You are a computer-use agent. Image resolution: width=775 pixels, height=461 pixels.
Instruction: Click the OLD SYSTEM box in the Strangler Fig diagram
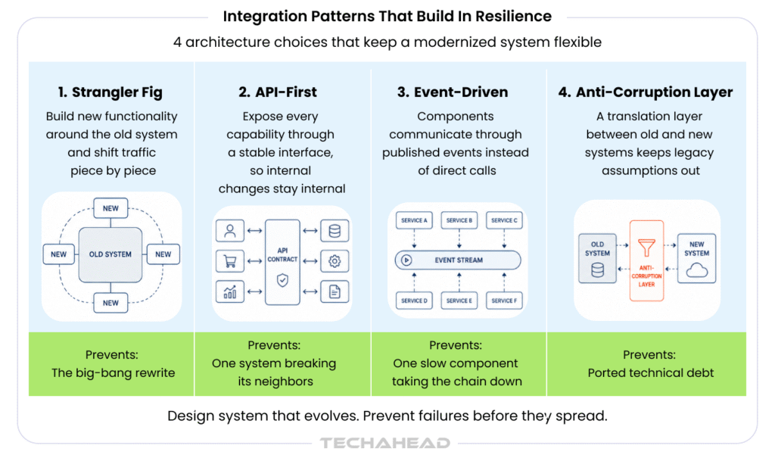click(x=110, y=254)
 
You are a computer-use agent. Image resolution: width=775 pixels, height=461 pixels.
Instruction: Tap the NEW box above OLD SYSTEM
click(x=110, y=208)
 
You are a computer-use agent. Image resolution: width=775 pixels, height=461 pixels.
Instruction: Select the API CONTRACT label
click(x=282, y=254)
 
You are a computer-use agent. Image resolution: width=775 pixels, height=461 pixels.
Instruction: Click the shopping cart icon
click(x=230, y=261)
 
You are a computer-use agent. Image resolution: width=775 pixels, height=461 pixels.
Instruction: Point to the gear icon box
click(x=335, y=261)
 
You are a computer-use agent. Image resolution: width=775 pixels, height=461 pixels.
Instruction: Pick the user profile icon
click(x=230, y=231)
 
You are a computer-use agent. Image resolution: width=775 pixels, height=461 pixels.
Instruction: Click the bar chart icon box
click(x=230, y=291)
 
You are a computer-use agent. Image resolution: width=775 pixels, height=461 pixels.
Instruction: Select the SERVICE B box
click(x=459, y=220)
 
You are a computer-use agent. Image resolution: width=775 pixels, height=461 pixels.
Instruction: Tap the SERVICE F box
click(x=504, y=301)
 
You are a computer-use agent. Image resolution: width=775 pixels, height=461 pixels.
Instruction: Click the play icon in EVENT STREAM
click(x=406, y=260)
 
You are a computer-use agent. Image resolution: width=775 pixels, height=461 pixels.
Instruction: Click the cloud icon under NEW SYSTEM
click(x=697, y=270)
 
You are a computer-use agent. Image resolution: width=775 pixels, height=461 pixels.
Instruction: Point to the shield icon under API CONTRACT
click(x=282, y=280)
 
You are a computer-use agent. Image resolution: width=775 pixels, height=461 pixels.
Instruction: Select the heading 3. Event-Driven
click(x=453, y=92)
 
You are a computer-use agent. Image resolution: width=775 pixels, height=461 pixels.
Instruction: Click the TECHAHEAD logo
click(x=385, y=444)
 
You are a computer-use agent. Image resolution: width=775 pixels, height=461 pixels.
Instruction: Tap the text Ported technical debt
click(x=650, y=373)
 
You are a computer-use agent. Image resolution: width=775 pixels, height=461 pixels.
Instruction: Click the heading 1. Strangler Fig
click(x=110, y=92)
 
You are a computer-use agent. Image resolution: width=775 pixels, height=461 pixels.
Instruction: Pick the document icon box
click(x=335, y=291)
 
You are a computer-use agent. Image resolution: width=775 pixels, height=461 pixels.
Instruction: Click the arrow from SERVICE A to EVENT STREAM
click(x=414, y=238)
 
